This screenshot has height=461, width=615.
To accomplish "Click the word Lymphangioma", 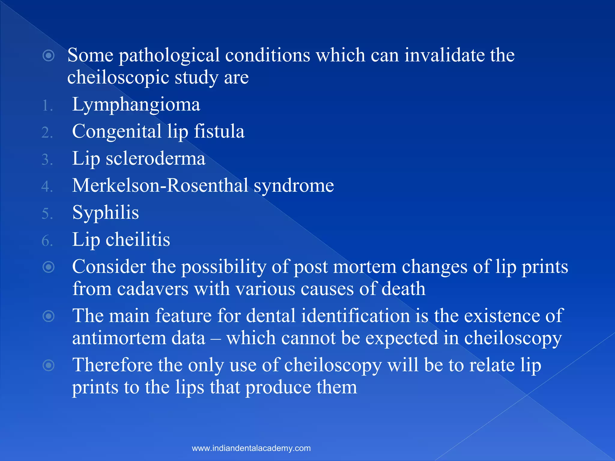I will [136, 105].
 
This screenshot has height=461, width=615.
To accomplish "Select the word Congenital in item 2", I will [117, 132].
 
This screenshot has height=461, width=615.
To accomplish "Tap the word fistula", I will [219, 132].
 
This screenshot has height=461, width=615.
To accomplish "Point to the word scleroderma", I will [156, 158].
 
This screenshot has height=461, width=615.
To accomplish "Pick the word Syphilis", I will [105, 213].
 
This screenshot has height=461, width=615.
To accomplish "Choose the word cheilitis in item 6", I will [138, 240].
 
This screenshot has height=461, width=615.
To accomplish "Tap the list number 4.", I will [47, 187].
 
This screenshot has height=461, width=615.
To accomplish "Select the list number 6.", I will [47, 241].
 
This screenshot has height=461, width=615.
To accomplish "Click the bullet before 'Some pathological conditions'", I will [49, 56].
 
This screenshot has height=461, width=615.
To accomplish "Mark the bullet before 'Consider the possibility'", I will [49, 267].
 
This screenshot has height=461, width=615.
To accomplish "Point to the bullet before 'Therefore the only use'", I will [49, 365].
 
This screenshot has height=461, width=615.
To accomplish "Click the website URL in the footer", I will [251, 448].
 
